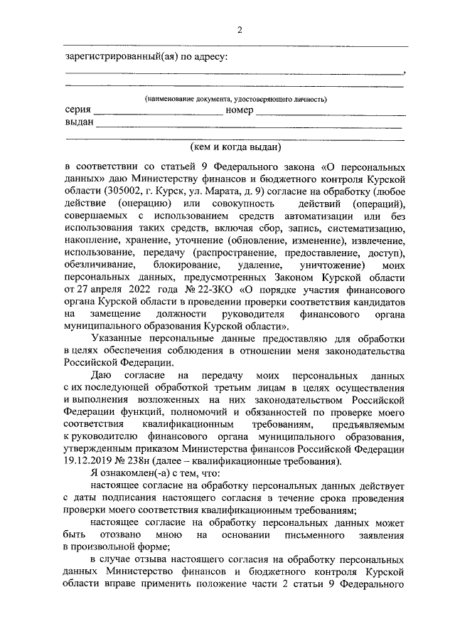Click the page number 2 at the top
(x=240, y=29)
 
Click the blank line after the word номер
(x=331, y=112)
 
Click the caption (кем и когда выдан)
(x=236, y=147)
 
